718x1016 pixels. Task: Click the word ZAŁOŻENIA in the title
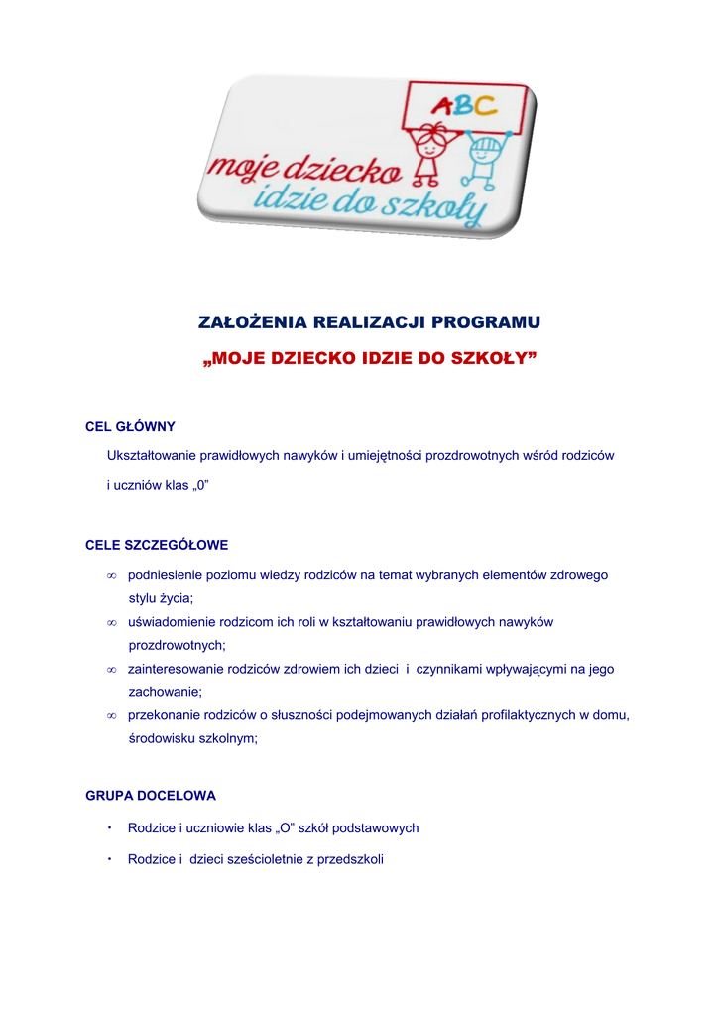coord(253,323)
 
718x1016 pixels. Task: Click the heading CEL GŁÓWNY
coord(131,427)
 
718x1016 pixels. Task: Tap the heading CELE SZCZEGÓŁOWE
coord(158,545)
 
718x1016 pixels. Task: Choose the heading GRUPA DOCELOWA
coord(151,796)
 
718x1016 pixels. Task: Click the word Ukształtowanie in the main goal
coord(151,456)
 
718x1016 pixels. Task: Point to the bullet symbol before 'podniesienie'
coord(112,576)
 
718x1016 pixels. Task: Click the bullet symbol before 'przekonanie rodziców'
coord(112,715)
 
